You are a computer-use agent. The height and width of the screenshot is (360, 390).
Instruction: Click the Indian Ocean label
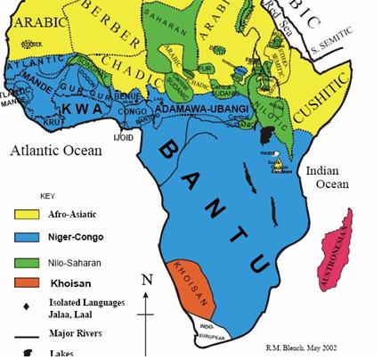(330, 176)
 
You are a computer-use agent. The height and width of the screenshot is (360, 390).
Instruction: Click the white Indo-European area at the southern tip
(210, 333)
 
